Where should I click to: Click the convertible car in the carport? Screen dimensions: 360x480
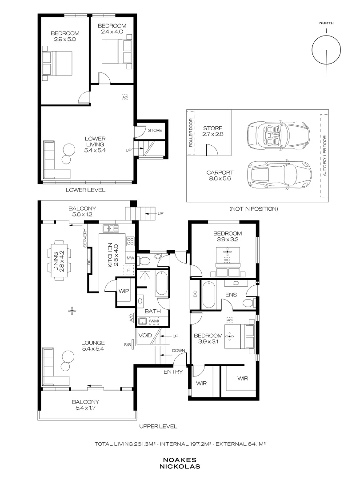click(x=279, y=134)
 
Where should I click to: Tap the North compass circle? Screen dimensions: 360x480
click(x=326, y=50)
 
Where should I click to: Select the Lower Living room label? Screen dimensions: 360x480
click(x=95, y=144)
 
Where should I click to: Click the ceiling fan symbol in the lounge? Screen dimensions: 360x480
click(x=72, y=311)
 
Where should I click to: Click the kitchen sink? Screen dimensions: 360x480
click(x=111, y=228)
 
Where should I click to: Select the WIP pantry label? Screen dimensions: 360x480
click(x=124, y=291)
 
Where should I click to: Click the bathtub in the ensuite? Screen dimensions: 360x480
click(x=209, y=295)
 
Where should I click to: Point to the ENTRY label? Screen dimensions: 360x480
click(x=173, y=372)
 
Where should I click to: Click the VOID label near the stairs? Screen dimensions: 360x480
click(x=145, y=335)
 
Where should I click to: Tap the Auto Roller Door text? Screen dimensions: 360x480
click(x=325, y=156)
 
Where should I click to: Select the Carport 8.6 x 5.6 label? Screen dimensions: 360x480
click(x=220, y=176)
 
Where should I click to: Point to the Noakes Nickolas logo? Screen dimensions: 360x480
click(x=180, y=463)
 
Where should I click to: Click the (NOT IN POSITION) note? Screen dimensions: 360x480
click(x=254, y=209)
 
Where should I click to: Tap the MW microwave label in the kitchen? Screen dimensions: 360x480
click(x=130, y=258)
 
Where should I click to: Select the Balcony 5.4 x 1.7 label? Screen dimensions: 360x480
click(x=85, y=405)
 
